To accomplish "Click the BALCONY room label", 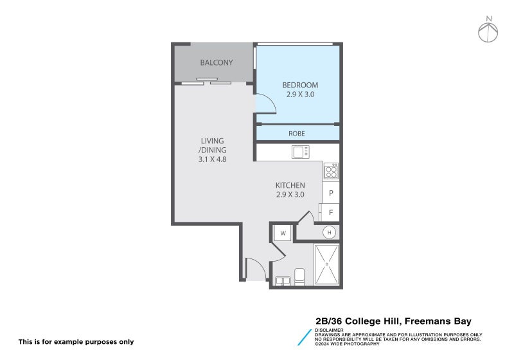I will pos(216,62).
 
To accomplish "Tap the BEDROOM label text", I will pos(300,85).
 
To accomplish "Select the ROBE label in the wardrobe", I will pos(296,134).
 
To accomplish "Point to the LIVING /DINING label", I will pos(212,145).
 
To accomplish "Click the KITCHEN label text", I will pos(290,185).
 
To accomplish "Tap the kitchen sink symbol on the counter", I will pos(299,152).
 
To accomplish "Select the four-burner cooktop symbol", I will pos(331,171).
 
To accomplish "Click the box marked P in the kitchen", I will pos(331,193).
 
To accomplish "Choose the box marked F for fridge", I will pos(330,212).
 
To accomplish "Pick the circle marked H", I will pos(330,232).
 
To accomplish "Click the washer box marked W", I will pos(283,232).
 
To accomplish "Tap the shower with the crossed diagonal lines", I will pos(327,264).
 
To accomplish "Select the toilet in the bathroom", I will pos(299,276).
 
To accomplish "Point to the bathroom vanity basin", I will pos(282,281).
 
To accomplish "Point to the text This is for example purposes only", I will pos(76,341).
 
